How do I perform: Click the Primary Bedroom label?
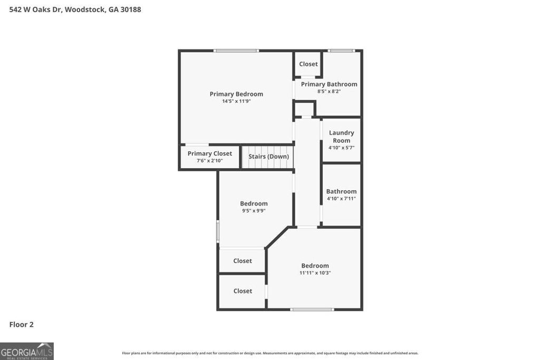[236, 94]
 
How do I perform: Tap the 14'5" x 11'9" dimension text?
[236, 101]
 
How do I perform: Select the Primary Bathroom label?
[329, 84]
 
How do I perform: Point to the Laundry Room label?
[341, 137]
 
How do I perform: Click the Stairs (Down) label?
[268, 157]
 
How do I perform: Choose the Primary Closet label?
[209, 154]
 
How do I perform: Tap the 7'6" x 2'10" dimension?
[209, 161]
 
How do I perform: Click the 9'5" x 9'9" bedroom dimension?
[254, 210]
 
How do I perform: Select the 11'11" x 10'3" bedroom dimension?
[315, 273]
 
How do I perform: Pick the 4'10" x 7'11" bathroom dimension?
[341, 199]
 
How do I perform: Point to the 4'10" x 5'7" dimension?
[341, 148]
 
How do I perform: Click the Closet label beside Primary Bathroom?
[308, 64]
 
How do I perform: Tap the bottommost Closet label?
[243, 291]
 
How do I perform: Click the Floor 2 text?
[22, 325]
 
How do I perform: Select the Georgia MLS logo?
[27, 351]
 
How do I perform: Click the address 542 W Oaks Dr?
[75, 9]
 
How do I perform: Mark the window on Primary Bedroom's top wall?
[236, 51]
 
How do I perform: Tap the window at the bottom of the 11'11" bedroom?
[312, 309]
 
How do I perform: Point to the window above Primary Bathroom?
[341, 51]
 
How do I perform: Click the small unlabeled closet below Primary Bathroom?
[304, 109]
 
